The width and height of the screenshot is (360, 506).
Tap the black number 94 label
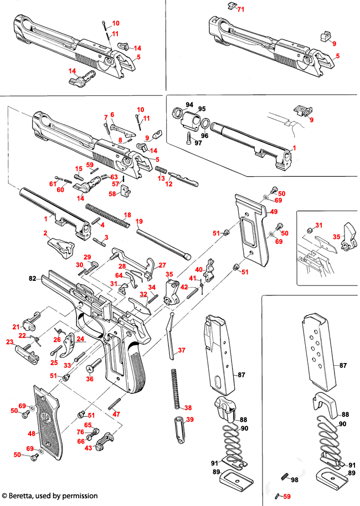click(x=189, y=105)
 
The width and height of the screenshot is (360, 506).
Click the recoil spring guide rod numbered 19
click(x=163, y=239)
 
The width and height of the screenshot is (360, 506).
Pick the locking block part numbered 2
click(x=59, y=247)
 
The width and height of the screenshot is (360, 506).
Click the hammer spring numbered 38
click(x=177, y=388)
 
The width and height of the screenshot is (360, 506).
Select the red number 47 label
click(x=116, y=414)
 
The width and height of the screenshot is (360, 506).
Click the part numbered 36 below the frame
click(x=94, y=365)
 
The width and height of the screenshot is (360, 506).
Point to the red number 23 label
click(x=10, y=343)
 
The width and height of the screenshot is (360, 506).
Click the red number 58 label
click(x=113, y=194)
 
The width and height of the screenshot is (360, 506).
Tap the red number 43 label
click(x=88, y=448)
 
